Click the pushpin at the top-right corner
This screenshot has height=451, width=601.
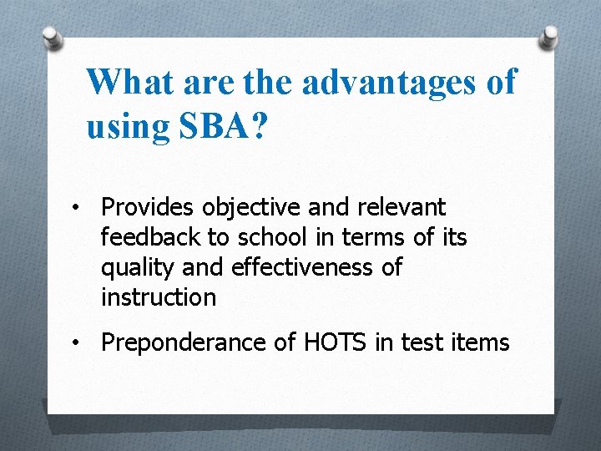coord(549,36)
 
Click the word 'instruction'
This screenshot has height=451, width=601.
coord(158,297)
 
